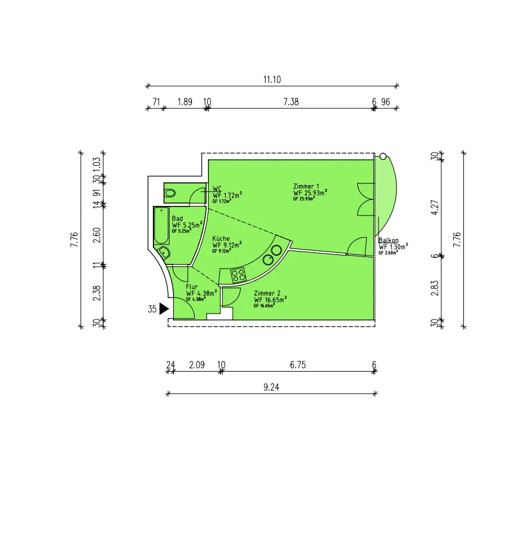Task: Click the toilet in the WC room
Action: coord(170,193)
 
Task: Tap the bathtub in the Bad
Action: coord(162,225)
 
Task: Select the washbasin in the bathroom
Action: coord(164,252)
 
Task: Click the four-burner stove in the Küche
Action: coord(238,275)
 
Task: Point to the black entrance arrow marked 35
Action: coord(164,309)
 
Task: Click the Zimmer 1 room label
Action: coord(306,186)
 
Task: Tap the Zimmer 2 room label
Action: coord(267,294)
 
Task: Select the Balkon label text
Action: coord(388,240)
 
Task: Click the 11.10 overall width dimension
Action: coord(272,80)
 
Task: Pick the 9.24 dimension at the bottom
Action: coord(271,387)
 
